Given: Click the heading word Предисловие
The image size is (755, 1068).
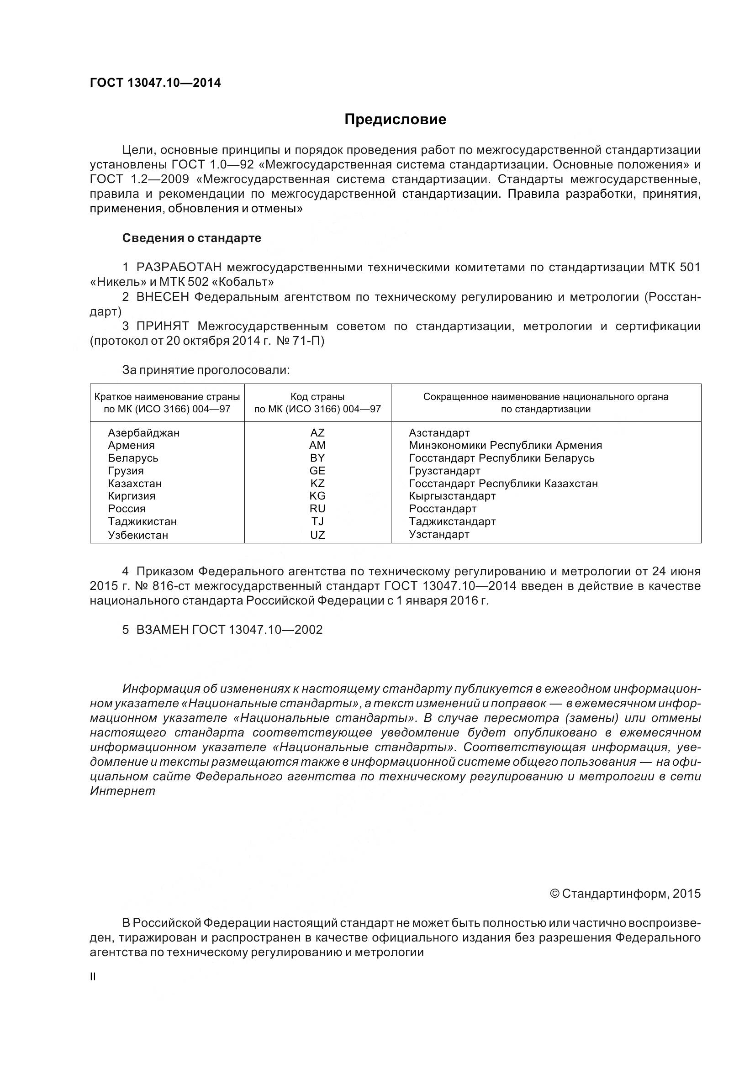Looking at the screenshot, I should [x=395, y=120].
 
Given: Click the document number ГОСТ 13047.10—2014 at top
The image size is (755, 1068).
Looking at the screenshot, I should [x=155, y=83].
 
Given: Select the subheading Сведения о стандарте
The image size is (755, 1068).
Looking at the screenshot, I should [x=192, y=238].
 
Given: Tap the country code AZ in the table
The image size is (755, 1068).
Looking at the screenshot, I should [x=317, y=433].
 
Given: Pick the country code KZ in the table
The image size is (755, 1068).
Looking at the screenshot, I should [x=317, y=484].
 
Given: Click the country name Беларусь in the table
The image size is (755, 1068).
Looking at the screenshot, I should [x=133, y=458].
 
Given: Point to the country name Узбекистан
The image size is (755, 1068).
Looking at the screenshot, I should [x=137, y=535].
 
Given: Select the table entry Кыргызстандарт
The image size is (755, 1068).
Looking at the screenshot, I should [x=452, y=496].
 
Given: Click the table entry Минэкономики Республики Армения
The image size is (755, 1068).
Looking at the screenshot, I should [x=505, y=446].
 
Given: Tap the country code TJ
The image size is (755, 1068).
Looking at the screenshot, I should [x=317, y=522].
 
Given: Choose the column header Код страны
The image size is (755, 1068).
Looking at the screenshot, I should [x=317, y=397].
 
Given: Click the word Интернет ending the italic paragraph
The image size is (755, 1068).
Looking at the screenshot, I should [x=122, y=791].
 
